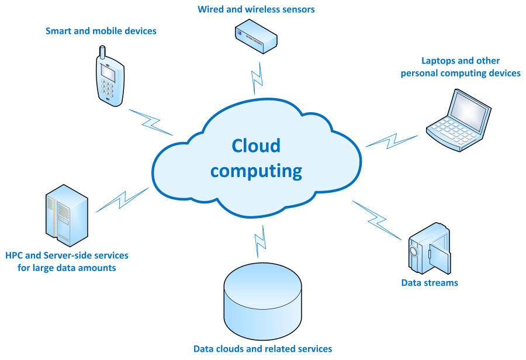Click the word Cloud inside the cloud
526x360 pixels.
click(256, 146)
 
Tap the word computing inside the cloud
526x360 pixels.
click(256, 171)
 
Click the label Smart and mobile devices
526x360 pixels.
click(101, 30)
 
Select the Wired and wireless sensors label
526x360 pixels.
click(256, 9)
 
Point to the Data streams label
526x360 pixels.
click(430, 283)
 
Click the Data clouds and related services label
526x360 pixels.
click(262, 349)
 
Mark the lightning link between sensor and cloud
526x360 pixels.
click(256, 75)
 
